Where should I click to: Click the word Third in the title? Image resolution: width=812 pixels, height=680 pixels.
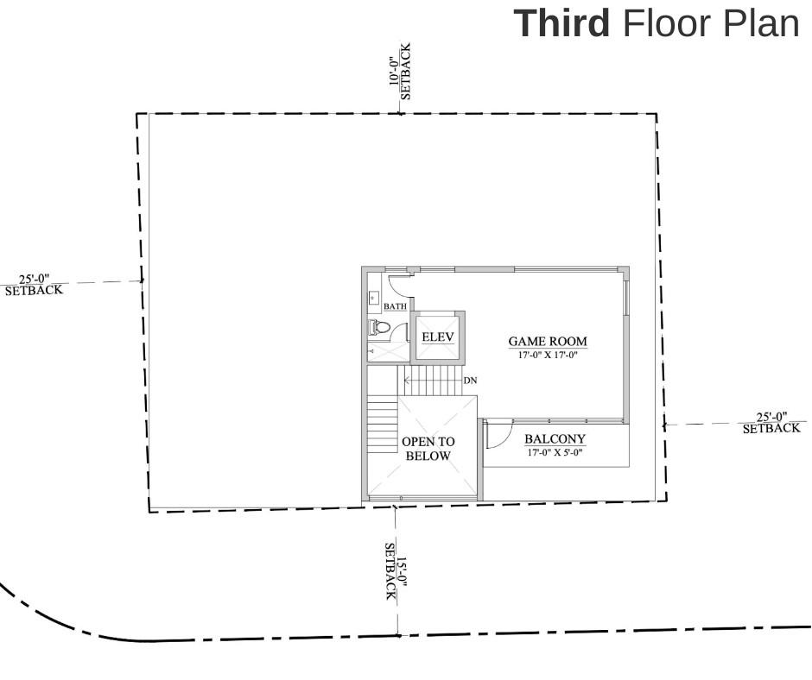[561, 23]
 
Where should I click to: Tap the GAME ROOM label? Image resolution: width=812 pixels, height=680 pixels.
[547, 342]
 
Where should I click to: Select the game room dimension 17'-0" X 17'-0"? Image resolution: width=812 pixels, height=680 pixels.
[547, 355]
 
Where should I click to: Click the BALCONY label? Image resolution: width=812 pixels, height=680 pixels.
[555, 438]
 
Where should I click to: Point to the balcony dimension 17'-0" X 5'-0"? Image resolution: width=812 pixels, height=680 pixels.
[555, 451]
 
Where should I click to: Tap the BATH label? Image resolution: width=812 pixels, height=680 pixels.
[395, 306]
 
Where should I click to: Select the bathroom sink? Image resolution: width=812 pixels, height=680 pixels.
[373, 299]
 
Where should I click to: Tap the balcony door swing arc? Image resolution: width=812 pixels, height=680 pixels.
[498, 436]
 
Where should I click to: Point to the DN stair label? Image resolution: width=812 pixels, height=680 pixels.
[470, 381]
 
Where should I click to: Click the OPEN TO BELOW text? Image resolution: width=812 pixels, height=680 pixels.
[428, 448]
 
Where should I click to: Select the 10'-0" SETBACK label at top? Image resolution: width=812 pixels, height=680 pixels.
[400, 72]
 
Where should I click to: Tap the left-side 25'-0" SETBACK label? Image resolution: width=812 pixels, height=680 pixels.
[35, 285]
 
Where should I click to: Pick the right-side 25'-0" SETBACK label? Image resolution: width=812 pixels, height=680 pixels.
[771, 423]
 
